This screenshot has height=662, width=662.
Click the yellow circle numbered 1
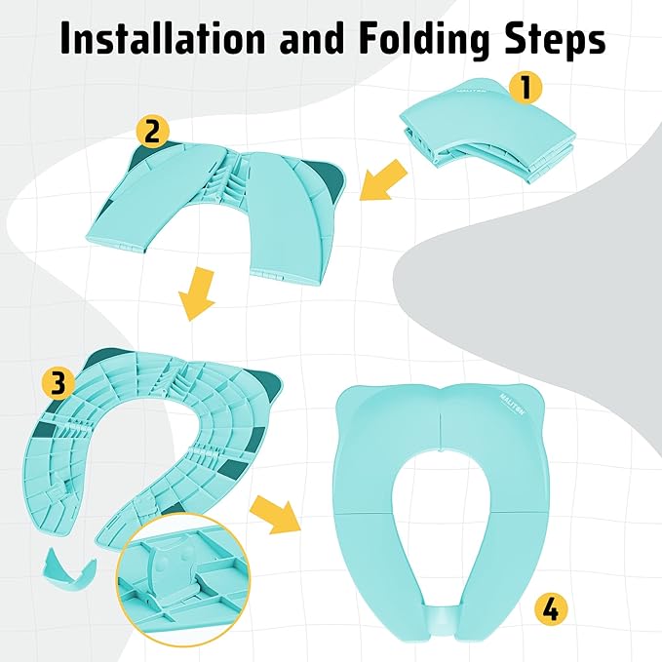[x=526, y=89]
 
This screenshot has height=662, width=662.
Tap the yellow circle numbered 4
[x=551, y=610]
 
